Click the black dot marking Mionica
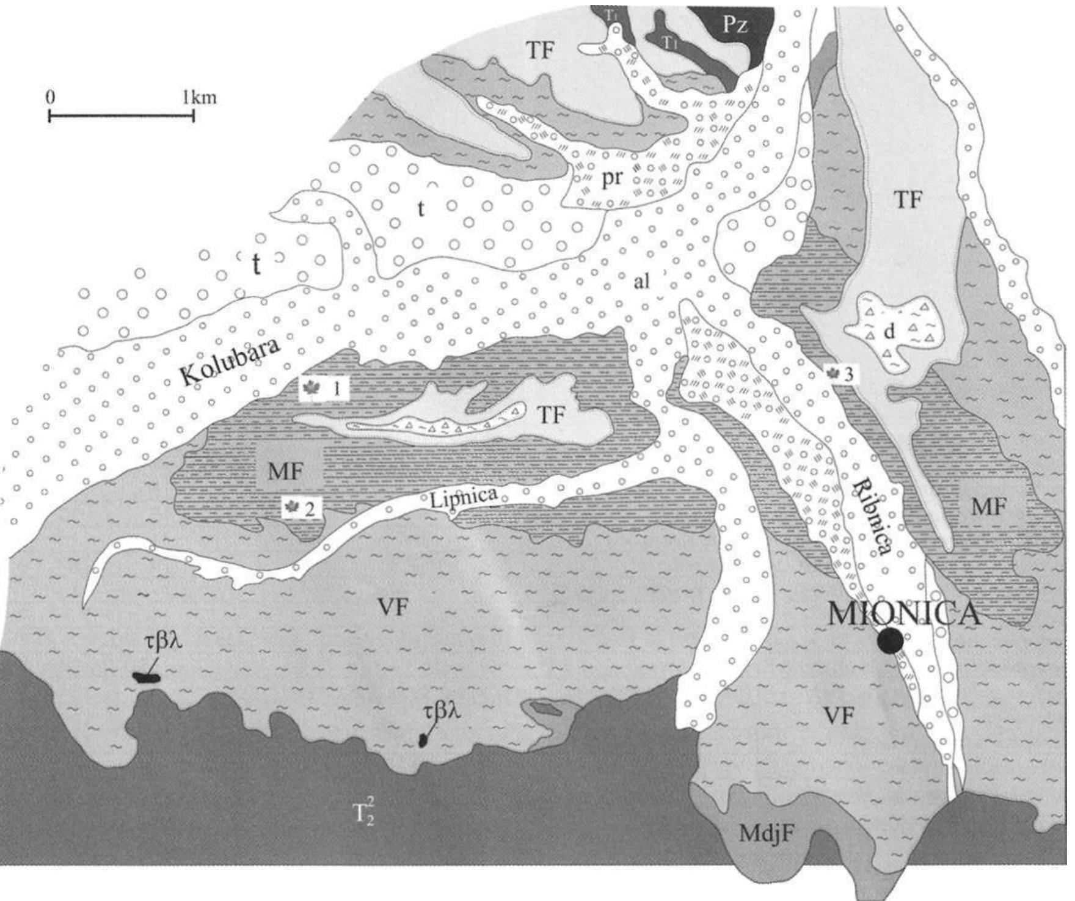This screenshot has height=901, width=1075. click(x=889, y=640)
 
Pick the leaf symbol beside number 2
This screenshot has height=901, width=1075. click(x=292, y=507)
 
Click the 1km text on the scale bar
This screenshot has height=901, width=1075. click(x=203, y=98)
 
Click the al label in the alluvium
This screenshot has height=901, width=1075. click(x=641, y=281)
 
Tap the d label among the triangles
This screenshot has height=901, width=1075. click(x=889, y=332)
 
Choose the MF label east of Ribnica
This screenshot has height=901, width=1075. click(x=988, y=506)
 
